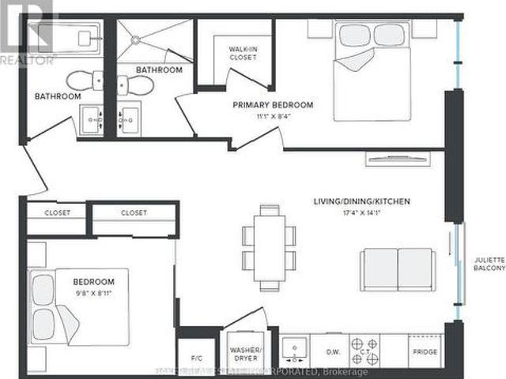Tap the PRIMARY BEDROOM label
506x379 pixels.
(x=272, y=105)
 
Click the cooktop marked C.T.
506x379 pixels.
(x=365, y=346)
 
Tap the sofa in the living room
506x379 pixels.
(x=397, y=269)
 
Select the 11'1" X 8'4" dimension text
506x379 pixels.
(x=272, y=118)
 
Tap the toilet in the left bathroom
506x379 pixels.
(x=81, y=79)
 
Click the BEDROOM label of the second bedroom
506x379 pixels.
(x=94, y=282)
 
